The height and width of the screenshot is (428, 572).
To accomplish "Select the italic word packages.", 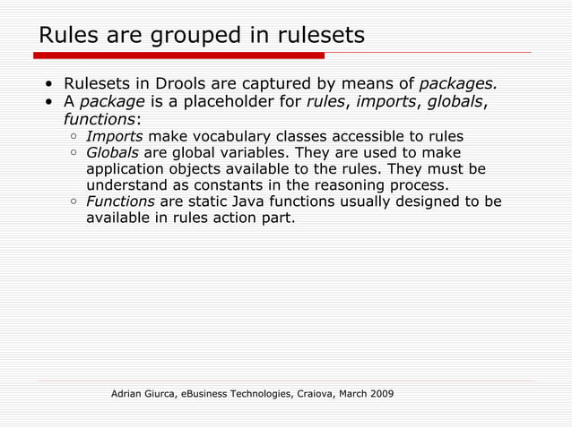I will [458, 85].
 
